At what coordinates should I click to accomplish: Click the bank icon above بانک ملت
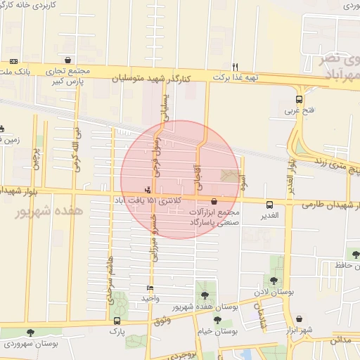pyautogui.click(x=14, y=63)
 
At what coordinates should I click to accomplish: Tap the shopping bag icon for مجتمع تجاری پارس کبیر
pyautogui.click(x=67, y=61)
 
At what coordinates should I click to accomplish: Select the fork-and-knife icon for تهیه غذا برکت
pyautogui.click(x=236, y=66)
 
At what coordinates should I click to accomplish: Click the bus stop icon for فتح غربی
pyautogui.click(x=300, y=99)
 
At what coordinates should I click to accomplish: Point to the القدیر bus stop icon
pyautogui.click(x=270, y=205)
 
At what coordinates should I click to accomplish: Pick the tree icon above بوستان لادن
pyautogui.click(x=275, y=262)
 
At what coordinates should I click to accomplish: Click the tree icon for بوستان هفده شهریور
pyautogui.click(x=205, y=296)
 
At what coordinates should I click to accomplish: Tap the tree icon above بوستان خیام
pyautogui.click(x=217, y=319)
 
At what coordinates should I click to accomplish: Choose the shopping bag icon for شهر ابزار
pyautogui.click(x=300, y=319)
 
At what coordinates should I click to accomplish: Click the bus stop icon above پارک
pyautogui.click(x=117, y=321)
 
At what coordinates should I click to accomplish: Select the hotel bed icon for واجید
pyautogui.click(x=150, y=288)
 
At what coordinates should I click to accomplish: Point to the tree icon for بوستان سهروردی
pyautogui.click(x=30, y=332)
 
